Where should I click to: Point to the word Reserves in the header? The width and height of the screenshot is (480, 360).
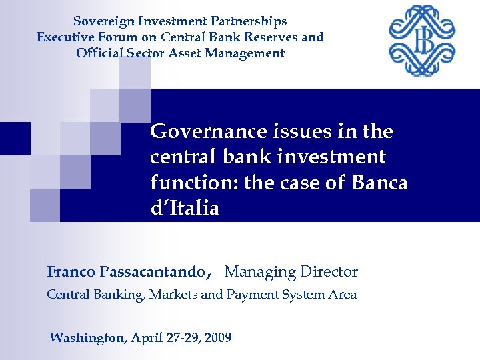(272, 37)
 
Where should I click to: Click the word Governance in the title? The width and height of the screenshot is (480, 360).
(203, 131)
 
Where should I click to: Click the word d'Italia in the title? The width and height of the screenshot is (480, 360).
(185, 208)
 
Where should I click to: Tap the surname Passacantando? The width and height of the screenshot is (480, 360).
(153, 272)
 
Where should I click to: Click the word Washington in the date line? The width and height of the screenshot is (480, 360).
(87, 338)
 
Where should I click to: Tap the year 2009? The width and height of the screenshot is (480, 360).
(218, 338)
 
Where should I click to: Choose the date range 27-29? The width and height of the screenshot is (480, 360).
(182, 338)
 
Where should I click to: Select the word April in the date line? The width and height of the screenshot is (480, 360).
(146, 338)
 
